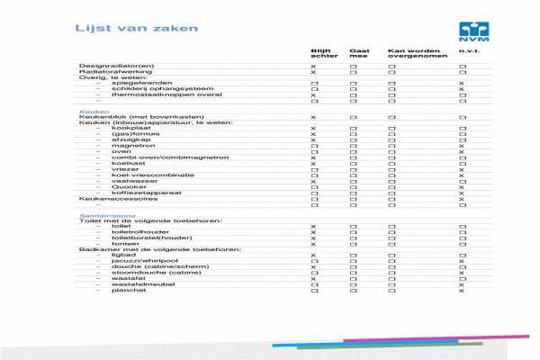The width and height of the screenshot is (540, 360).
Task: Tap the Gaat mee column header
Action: [358, 54]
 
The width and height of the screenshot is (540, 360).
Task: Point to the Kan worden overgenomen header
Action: [410, 54]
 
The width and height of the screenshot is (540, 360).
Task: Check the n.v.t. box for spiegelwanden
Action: [462, 85]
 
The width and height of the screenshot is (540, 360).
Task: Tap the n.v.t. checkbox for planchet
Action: [462, 292]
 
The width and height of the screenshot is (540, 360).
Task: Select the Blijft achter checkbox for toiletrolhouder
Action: [314, 232]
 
